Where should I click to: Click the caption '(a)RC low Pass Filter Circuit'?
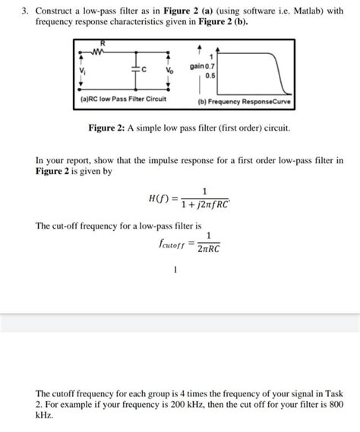pos(123,99)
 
